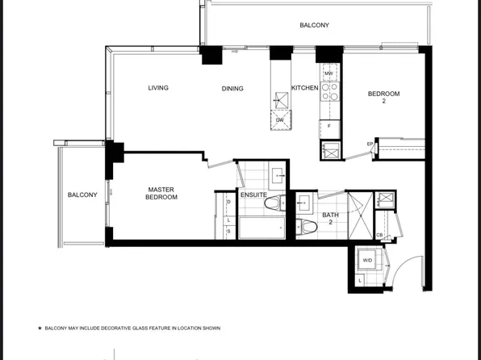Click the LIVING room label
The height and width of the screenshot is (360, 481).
coord(158,88)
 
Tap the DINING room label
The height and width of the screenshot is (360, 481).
coord(232,88)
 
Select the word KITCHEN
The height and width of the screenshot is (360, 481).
coord(304,88)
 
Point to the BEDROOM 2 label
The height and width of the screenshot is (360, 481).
coord(383,97)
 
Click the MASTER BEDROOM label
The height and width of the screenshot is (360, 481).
coord(161,194)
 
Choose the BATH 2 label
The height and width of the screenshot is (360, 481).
coord(331,219)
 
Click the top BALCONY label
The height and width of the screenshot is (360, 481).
coord(314,26)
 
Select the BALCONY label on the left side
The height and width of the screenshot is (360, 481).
coord(82,195)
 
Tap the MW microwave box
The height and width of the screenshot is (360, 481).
coord(328,73)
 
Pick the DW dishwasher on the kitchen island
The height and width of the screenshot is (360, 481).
coord(280,119)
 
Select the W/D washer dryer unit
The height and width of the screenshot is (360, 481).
coord(368,261)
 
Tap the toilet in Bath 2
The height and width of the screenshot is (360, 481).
coord(305,224)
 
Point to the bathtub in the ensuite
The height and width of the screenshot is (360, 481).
coord(261,228)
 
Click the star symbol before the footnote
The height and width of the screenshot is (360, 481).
coord(39,329)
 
